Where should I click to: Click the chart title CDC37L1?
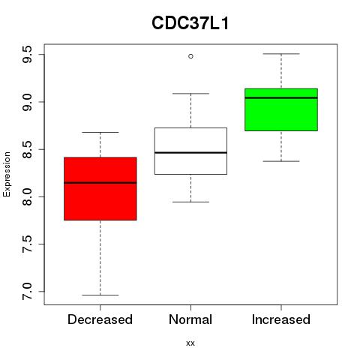190,23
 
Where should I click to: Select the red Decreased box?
100,189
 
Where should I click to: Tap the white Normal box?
190,151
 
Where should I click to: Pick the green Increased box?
281,109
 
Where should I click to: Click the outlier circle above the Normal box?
190,56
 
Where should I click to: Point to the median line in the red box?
100,183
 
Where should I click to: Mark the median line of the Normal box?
190,152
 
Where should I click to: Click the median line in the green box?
281,97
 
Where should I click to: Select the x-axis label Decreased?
100,319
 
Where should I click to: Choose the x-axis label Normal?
190,319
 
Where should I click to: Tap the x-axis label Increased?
281,319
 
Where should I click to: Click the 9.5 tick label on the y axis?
27,55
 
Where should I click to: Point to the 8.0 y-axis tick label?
27,196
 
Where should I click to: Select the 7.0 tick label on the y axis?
27,292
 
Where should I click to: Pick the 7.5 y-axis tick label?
27,244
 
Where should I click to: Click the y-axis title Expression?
7,174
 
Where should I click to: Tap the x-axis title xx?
190,343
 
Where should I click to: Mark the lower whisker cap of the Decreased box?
100,295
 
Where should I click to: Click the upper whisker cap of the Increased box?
281,54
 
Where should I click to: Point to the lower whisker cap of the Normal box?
190,202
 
